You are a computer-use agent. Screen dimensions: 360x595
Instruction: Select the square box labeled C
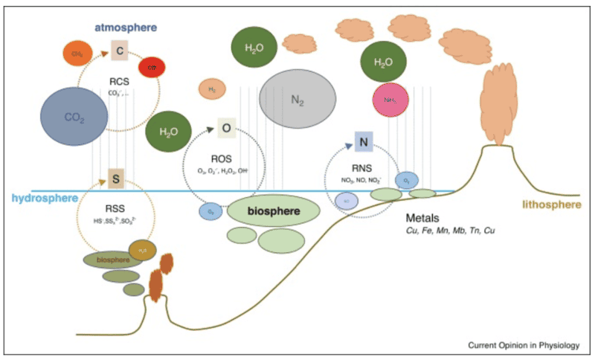(x=120, y=51)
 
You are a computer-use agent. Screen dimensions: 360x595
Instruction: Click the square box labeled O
(x=227, y=128)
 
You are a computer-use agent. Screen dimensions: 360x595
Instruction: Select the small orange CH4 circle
(x=77, y=54)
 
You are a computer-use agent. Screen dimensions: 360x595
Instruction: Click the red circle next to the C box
(x=152, y=67)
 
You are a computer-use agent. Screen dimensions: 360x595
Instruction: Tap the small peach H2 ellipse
(x=211, y=90)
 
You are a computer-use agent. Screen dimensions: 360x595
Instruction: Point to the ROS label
(x=223, y=158)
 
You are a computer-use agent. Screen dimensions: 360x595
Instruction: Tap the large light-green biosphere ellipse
(x=274, y=212)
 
